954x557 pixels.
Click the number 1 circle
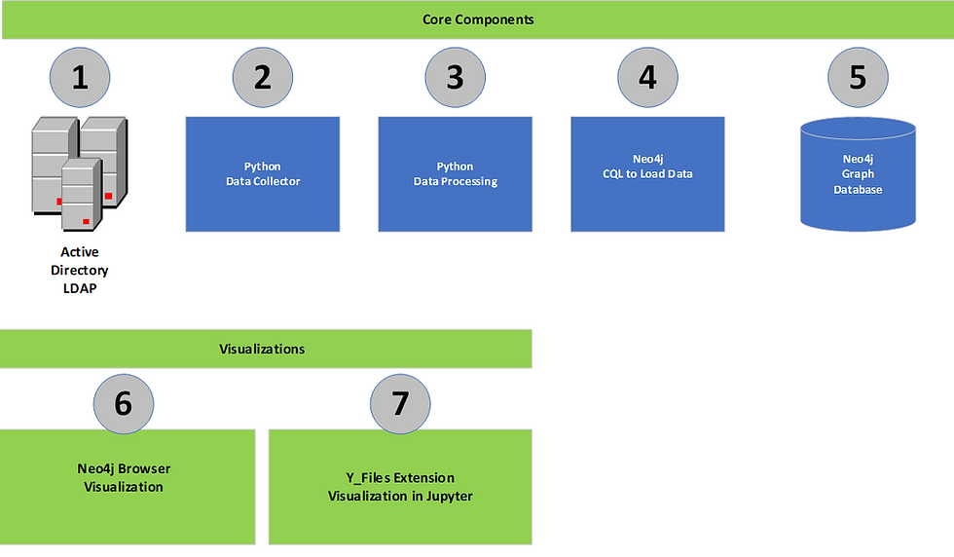coord(80,76)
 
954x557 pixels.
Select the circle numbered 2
coord(262,76)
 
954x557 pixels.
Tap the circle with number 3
coord(455,76)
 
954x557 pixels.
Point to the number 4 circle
coord(647,76)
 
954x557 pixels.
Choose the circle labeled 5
coord(858,76)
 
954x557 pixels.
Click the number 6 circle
coord(124,402)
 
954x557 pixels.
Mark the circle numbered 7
coord(400,402)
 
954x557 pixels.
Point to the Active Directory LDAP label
coord(80,270)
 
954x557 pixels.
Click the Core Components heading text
coord(478,19)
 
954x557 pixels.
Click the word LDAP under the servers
coord(80,287)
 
